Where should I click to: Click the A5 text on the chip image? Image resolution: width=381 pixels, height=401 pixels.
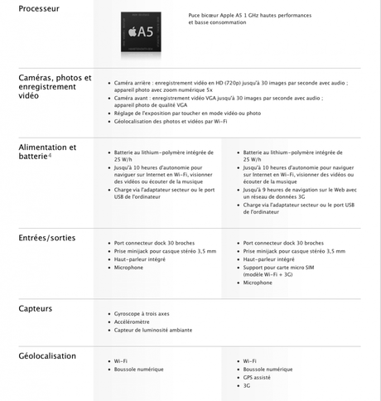[145, 32]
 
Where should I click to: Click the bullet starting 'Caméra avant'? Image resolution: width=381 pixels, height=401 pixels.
[219, 101]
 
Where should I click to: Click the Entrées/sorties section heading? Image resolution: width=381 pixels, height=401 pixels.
[46, 238]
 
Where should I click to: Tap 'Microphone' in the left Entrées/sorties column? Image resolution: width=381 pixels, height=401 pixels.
[128, 268]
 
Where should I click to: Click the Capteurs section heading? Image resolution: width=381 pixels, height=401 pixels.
[36, 308]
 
